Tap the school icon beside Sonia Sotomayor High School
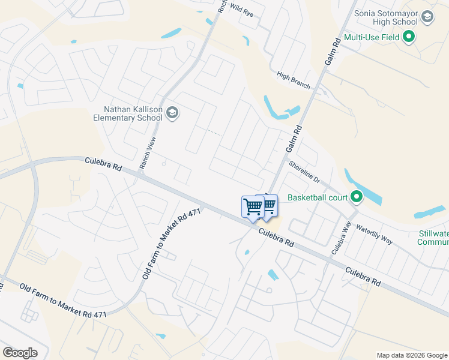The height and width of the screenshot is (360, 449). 427,17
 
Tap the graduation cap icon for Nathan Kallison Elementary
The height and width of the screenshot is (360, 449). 173,113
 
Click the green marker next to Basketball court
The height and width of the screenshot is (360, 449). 357,196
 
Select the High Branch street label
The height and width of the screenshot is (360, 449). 294,80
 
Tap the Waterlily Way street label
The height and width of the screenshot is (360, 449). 374,235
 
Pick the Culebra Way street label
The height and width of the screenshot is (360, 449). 340,238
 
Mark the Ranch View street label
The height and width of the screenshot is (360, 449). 152,152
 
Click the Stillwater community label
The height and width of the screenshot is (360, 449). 433,238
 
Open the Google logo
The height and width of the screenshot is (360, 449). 20,353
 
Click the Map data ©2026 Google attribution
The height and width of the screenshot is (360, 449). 411,355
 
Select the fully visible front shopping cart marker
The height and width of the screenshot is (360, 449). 253,206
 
